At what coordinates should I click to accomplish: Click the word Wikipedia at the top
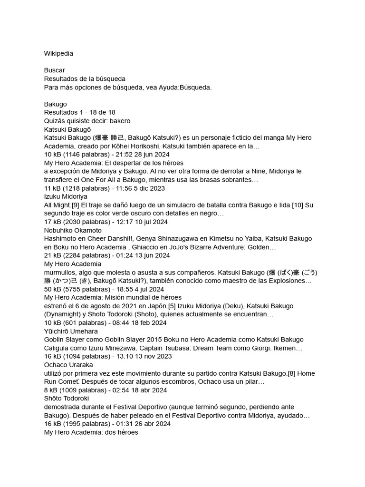pyautogui.click(x=58, y=54)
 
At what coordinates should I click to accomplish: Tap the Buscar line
pyautogui.click(x=54, y=70)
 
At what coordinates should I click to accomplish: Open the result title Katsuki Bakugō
pyautogui.click(x=67, y=129)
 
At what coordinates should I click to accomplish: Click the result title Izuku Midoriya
pyautogui.click(x=66, y=196)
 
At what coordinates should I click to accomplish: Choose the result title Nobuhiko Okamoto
pyautogui.click(x=73, y=230)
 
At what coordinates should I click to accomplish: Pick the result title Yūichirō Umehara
pyautogui.click(x=71, y=331)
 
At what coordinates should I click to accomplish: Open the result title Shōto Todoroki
pyautogui.click(x=67, y=398)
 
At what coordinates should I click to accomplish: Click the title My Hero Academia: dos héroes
pyautogui.click(x=91, y=432)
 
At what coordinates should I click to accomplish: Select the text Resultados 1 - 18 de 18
pyautogui.click(x=79, y=112)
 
